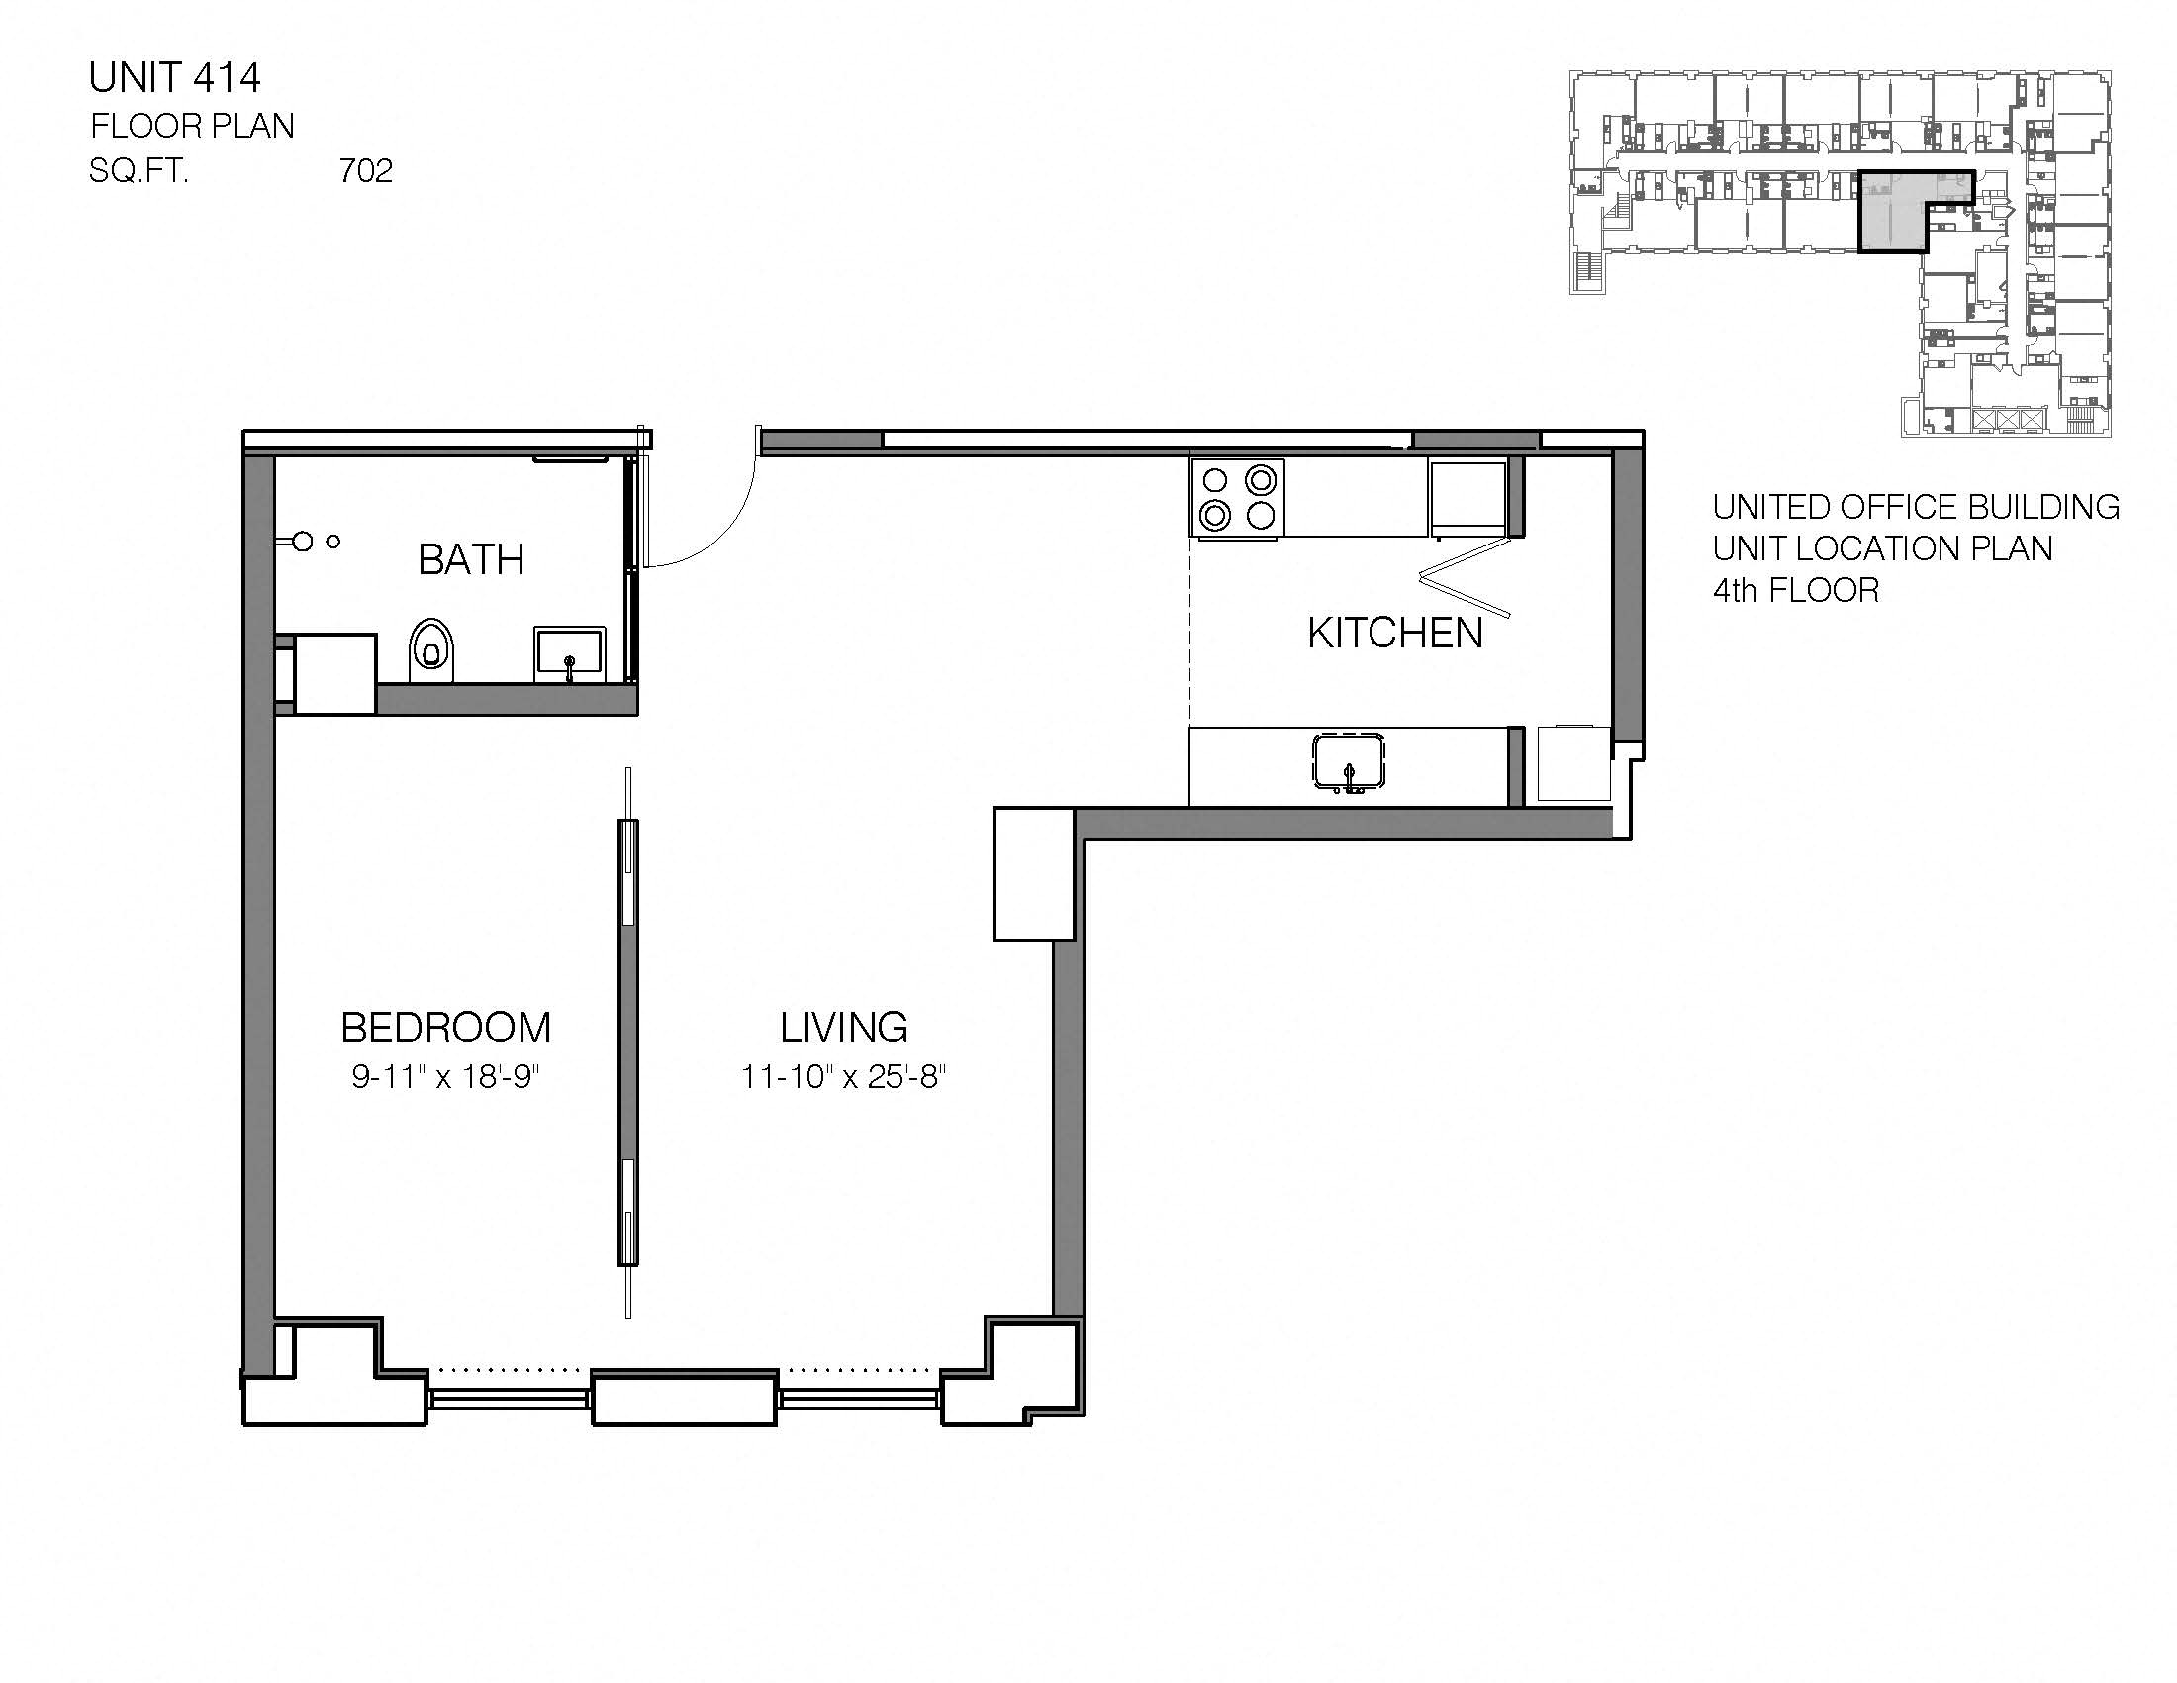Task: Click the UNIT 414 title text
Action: (174, 78)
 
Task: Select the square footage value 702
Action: (366, 171)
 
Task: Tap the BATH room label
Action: (470, 559)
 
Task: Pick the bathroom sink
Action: (569, 654)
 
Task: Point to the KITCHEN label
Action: (1394, 635)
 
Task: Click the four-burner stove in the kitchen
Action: (1238, 498)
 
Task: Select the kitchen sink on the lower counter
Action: (1348, 762)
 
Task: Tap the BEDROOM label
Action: (445, 1028)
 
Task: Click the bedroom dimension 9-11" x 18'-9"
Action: (445, 1077)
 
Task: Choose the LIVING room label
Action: (843, 1028)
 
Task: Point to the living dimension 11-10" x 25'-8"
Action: (843, 1077)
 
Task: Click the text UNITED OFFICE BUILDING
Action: (1915, 508)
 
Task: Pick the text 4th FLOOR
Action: (1795, 590)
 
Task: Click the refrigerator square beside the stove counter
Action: (1467, 497)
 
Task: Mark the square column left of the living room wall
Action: (1033, 874)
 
